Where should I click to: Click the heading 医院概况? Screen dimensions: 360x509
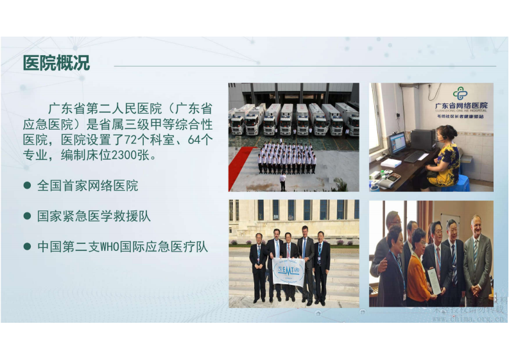(x=56, y=64)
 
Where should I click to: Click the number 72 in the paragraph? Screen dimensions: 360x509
(x=144, y=139)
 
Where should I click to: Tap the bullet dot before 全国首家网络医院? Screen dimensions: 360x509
(x=27, y=186)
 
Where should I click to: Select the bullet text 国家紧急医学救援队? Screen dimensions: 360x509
(x=94, y=216)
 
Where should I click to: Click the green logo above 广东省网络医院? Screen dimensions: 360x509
(x=460, y=94)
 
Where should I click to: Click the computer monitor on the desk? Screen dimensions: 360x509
(x=397, y=142)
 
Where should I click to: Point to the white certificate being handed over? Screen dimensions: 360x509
(x=434, y=280)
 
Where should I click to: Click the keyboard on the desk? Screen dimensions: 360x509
(x=415, y=157)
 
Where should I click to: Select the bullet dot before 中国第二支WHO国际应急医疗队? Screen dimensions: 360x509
(x=27, y=246)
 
